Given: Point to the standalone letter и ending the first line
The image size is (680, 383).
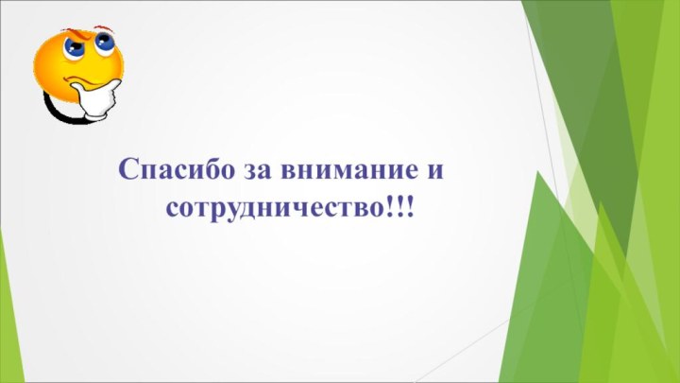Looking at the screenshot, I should (x=436, y=172).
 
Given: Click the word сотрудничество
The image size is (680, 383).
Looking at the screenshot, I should (x=275, y=206).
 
